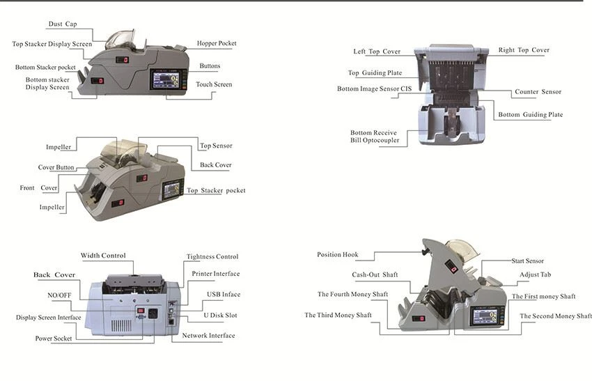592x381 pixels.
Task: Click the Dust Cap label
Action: [x=63, y=24]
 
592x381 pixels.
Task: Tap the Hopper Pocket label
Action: [x=217, y=43]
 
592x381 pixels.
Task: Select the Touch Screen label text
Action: [x=214, y=84]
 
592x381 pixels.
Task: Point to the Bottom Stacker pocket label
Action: [x=45, y=67]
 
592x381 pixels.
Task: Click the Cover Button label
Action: [x=56, y=167]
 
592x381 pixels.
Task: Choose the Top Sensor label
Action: [x=216, y=146]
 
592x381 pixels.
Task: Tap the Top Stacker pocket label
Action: [x=216, y=190]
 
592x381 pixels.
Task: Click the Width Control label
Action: [x=103, y=255]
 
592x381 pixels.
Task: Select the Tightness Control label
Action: [x=212, y=256]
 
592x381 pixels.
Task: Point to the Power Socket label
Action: [x=54, y=339]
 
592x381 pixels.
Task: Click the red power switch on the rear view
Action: [x=141, y=311]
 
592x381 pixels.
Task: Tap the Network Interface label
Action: [x=208, y=335]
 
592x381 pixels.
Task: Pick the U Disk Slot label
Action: [x=221, y=315]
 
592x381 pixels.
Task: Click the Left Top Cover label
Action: [x=377, y=52]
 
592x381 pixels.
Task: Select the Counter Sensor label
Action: [x=538, y=92]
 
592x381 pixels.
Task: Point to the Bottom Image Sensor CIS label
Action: [x=374, y=88]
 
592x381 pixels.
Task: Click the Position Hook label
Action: [x=338, y=254]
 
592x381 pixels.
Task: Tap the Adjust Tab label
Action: [x=535, y=274]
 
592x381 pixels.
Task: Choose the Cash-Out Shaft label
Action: [x=375, y=274]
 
